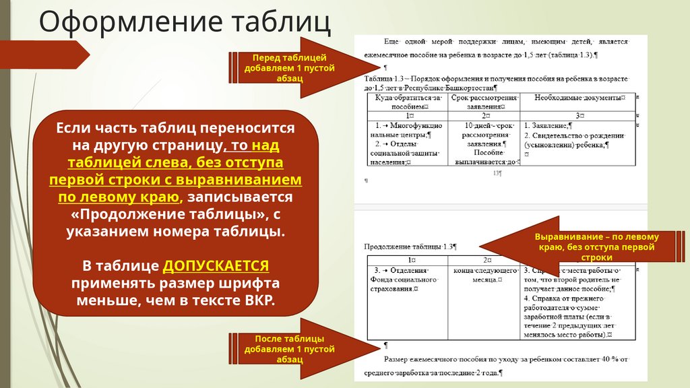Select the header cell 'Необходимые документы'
click(x=577, y=98)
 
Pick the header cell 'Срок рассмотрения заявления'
click(x=484, y=102)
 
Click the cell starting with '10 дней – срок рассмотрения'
click(x=484, y=143)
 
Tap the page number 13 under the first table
click(x=498, y=173)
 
